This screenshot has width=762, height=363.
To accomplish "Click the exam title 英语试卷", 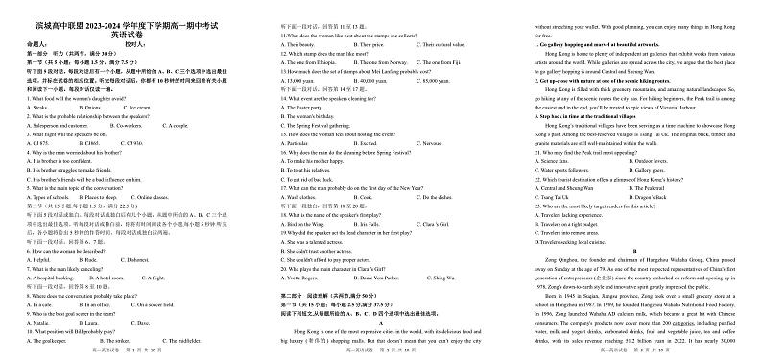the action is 126,34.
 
